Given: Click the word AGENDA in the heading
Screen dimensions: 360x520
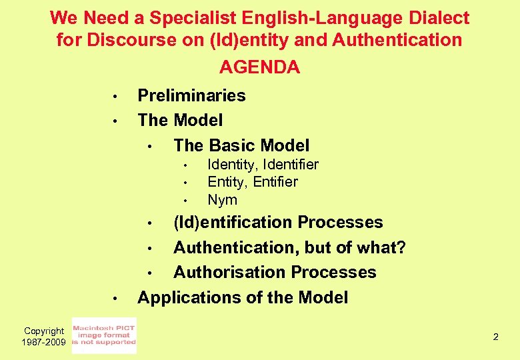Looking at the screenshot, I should tap(259, 67).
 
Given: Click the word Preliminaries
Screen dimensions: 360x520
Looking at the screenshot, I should tap(191, 95).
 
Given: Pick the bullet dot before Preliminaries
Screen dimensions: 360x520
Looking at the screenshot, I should tap(115, 97).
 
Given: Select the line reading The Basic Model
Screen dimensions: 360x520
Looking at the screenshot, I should tap(241, 145).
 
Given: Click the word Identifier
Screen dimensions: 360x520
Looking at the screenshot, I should tap(291, 164).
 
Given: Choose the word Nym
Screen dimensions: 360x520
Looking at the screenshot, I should tap(222, 200).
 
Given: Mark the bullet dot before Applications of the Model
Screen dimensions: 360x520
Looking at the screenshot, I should tap(115, 299).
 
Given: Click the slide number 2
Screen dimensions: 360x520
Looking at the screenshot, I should tap(495, 337).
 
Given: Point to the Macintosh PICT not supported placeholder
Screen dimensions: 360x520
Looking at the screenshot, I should tap(103, 335).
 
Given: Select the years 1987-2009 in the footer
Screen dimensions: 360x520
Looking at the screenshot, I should tap(44, 341).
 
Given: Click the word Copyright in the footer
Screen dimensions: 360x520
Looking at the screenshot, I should tap(44, 331).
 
